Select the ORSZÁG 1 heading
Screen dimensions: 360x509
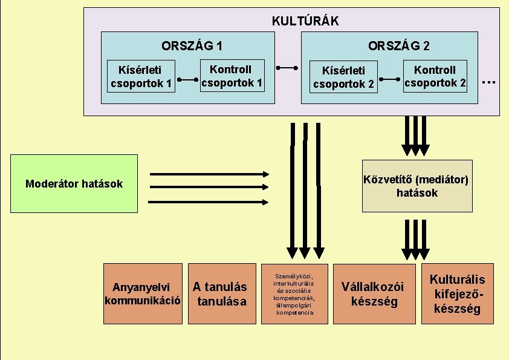[x=192, y=45]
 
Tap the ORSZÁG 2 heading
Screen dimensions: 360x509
[x=399, y=45]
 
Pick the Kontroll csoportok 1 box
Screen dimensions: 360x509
[x=233, y=76]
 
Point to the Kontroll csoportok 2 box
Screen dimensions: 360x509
[x=435, y=76]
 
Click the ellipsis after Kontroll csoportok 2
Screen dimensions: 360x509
[x=489, y=80]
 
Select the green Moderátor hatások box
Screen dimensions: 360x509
[x=74, y=183]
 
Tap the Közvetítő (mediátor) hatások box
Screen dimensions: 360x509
[x=417, y=186]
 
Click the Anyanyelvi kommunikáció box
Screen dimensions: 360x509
[x=143, y=293]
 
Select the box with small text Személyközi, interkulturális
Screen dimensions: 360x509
[x=294, y=293]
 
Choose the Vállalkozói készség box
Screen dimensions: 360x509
[x=374, y=293]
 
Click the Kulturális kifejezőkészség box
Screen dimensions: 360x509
[x=457, y=293]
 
